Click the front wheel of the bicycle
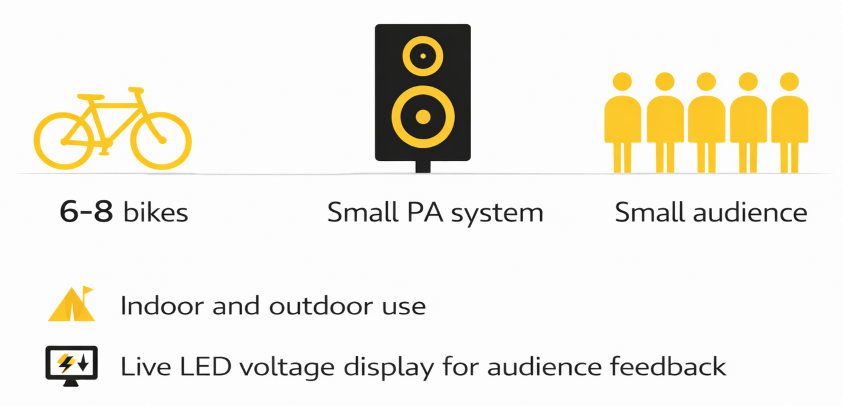161,141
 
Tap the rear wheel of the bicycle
64,141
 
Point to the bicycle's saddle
91,97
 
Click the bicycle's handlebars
136,91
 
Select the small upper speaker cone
423,56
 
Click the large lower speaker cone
423,117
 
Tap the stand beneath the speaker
423,166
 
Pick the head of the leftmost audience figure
622,82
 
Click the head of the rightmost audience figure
789,82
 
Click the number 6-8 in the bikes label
86,213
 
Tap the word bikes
156,213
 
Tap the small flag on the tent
88,290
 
